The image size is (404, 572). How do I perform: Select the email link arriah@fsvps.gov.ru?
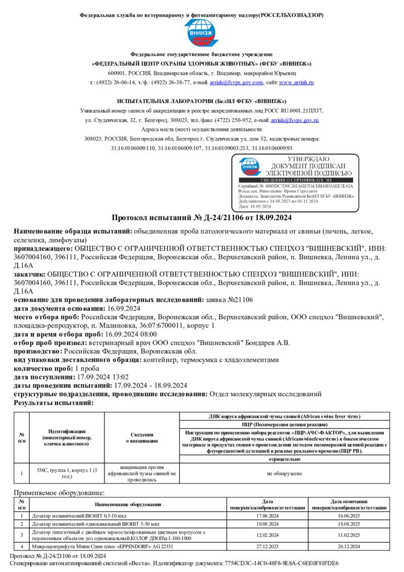click(294, 120)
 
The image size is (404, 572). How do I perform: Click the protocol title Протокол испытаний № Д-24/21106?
click(202, 218)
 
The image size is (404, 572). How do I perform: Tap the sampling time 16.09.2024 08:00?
click(131, 334)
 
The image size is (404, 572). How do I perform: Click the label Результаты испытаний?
click(54, 402)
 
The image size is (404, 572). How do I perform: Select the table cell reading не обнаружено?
click(284, 473)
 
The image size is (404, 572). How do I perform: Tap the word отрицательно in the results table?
click(284, 459)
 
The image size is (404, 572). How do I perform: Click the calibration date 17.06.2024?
click(268, 516)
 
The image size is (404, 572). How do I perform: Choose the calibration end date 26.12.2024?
click(348, 546)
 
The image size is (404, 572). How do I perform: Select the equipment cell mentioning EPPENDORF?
click(103, 546)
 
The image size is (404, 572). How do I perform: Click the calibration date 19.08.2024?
click(268, 525)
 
